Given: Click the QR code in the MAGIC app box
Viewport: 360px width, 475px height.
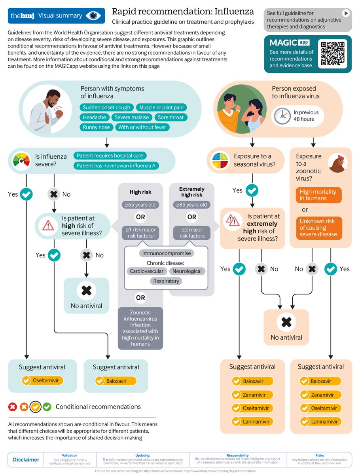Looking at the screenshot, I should pyautogui.click(x=333, y=53).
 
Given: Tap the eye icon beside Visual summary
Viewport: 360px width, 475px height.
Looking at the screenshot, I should pyautogui.click(x=94, y=16).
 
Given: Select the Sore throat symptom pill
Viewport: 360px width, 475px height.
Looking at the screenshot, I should pyautogui.click(x=171, y=117).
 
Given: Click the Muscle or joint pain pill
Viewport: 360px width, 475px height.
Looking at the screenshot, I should pyautogui.click(x=161, y=107).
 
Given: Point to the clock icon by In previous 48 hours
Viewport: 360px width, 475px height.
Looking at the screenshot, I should pyautogui.click(x=282, y=116).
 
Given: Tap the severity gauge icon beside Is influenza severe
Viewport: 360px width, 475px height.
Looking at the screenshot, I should pyautogui.click(x=21, y=160).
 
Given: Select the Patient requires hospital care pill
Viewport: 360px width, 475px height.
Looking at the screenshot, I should pyautogui.click(x=110, y=156).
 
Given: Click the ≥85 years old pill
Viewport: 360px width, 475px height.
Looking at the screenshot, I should pyautogui.click(x=192, y=205).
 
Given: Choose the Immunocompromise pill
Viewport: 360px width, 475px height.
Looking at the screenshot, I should pyautogui.click(x=166, y=253).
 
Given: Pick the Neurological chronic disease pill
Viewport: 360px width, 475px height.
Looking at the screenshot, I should pyautogui.click(x=187, y=271).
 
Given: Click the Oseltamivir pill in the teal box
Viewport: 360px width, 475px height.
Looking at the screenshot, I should pyautogui.click(x=43, y=381).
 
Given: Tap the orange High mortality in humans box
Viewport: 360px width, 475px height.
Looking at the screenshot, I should pyautogui.click(x=318, y=195).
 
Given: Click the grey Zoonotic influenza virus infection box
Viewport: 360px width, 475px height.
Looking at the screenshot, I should pyautogui.click(x=140, y=328).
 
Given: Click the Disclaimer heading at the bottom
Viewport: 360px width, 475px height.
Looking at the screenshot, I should pyautogui.click(x=26, y=460).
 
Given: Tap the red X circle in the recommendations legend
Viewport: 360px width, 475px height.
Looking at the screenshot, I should pyautogui.click(x=13, y=407).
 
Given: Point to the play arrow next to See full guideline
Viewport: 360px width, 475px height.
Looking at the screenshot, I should pyautogui.click(x=346, y=13).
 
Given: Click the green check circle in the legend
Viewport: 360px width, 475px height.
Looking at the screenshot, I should pyautogui.click(x=47, y=407).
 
